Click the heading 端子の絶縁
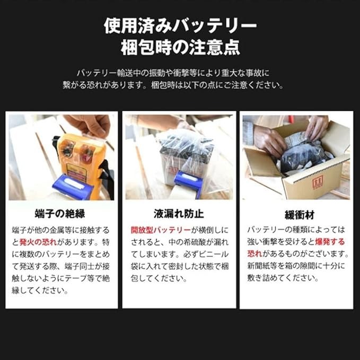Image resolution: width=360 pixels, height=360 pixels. (x=60, y=214)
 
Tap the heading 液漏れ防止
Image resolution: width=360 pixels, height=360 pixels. (x=179, y=214)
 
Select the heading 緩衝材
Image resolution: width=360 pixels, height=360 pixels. (x=300, y=215)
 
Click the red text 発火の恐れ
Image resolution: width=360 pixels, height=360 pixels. (x=38, y=242)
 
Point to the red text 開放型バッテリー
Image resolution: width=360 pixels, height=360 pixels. (x=161, y=230)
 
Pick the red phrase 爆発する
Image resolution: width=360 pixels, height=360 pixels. (x=330, y=242)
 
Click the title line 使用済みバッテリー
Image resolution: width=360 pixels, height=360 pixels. (x=180, y=25)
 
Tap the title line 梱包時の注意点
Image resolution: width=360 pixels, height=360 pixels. (x=180, y=47)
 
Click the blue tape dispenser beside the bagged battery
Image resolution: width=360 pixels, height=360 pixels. (x=189, y=181)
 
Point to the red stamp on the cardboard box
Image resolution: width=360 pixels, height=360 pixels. (x=318, y=182)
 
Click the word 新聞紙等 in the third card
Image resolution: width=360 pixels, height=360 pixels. (x=262, y=266)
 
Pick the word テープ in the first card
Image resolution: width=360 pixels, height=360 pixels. (x=76, y=278)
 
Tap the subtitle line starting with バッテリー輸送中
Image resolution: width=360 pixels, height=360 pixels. (x=173, y=73)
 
